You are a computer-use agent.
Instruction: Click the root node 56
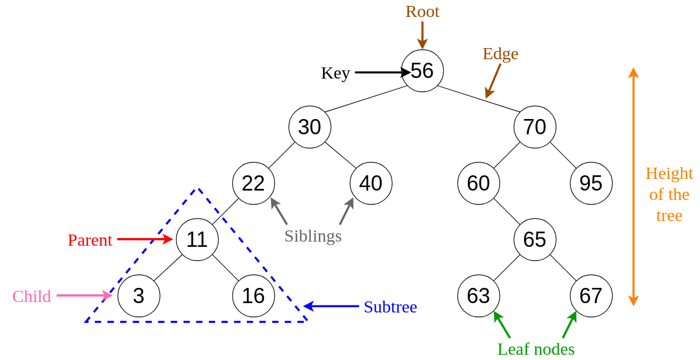[422, 71]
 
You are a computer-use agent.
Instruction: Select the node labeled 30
[310, 127]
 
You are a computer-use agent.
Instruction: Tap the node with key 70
[535, 127]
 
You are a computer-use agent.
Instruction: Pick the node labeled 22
[253, 184]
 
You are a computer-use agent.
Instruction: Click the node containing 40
[371, 184]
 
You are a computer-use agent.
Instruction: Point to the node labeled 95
[591, 184]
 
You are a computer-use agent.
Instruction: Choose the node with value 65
[535, 240]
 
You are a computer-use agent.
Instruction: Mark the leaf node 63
[478, 296]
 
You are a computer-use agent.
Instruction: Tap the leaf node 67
[591, 296]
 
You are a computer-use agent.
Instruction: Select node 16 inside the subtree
[253, 296]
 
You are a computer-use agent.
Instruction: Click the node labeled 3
[138, 296]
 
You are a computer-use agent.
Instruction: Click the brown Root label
[422, 12]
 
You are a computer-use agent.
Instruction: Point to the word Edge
[500, 54]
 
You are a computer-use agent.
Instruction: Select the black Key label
[335, 73]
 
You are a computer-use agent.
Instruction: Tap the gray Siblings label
[312, 236]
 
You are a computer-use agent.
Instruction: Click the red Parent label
[90, 240]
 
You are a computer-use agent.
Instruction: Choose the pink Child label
[32, 297]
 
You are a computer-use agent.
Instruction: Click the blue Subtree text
[390, 307]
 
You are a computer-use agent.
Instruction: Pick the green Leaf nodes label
[536, 349]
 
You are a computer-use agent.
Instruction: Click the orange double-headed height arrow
[633, 186]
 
